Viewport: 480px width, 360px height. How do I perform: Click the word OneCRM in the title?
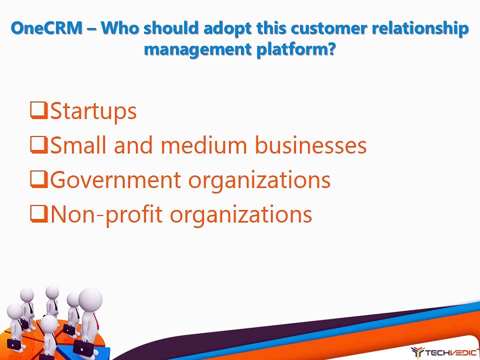click(x=46, y=28)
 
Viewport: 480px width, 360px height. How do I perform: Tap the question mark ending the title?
click(x=331, y=49)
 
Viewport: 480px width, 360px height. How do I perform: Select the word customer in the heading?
click(x=329, y=28)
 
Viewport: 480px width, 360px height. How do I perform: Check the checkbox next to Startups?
click(x=39, y=110)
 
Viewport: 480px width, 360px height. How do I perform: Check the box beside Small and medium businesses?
click(x=39, y=145)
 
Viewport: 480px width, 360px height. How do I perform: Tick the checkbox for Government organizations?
click(x=39, y=179)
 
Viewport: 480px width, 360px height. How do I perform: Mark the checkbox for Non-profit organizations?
click(x=39, y=213)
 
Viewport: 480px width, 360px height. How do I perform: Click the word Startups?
click(x=93, y=111)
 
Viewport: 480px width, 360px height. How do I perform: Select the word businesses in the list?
click(x=310, y=144)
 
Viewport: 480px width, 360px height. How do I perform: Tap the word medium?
click(x=203, y=144)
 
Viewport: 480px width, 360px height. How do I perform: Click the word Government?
click(x=115, y=179)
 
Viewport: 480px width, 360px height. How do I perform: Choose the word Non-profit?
click(x=106, y=214)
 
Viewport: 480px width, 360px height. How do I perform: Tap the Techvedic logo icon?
click(x=417, y=352)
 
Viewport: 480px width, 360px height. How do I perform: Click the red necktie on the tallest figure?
click(x=96, y=321)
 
